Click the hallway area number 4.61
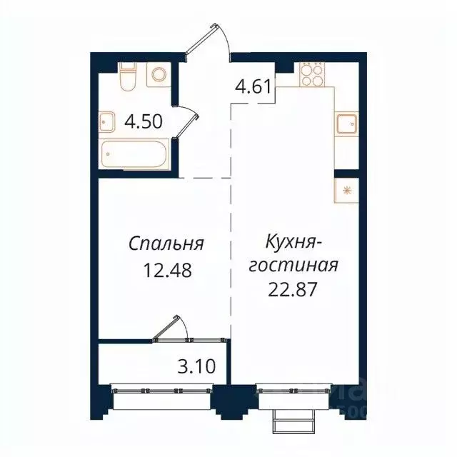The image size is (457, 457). pyautogui.click(x=253, y=89)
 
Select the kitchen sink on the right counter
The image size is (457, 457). pyautogui.click(x=346, y=124)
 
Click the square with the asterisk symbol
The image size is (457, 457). pyautogui.click(x=347, y=190)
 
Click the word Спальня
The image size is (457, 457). pyautogui.click(x=166, y=243)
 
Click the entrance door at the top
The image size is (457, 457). pyautogui.click(x=208, y=41)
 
